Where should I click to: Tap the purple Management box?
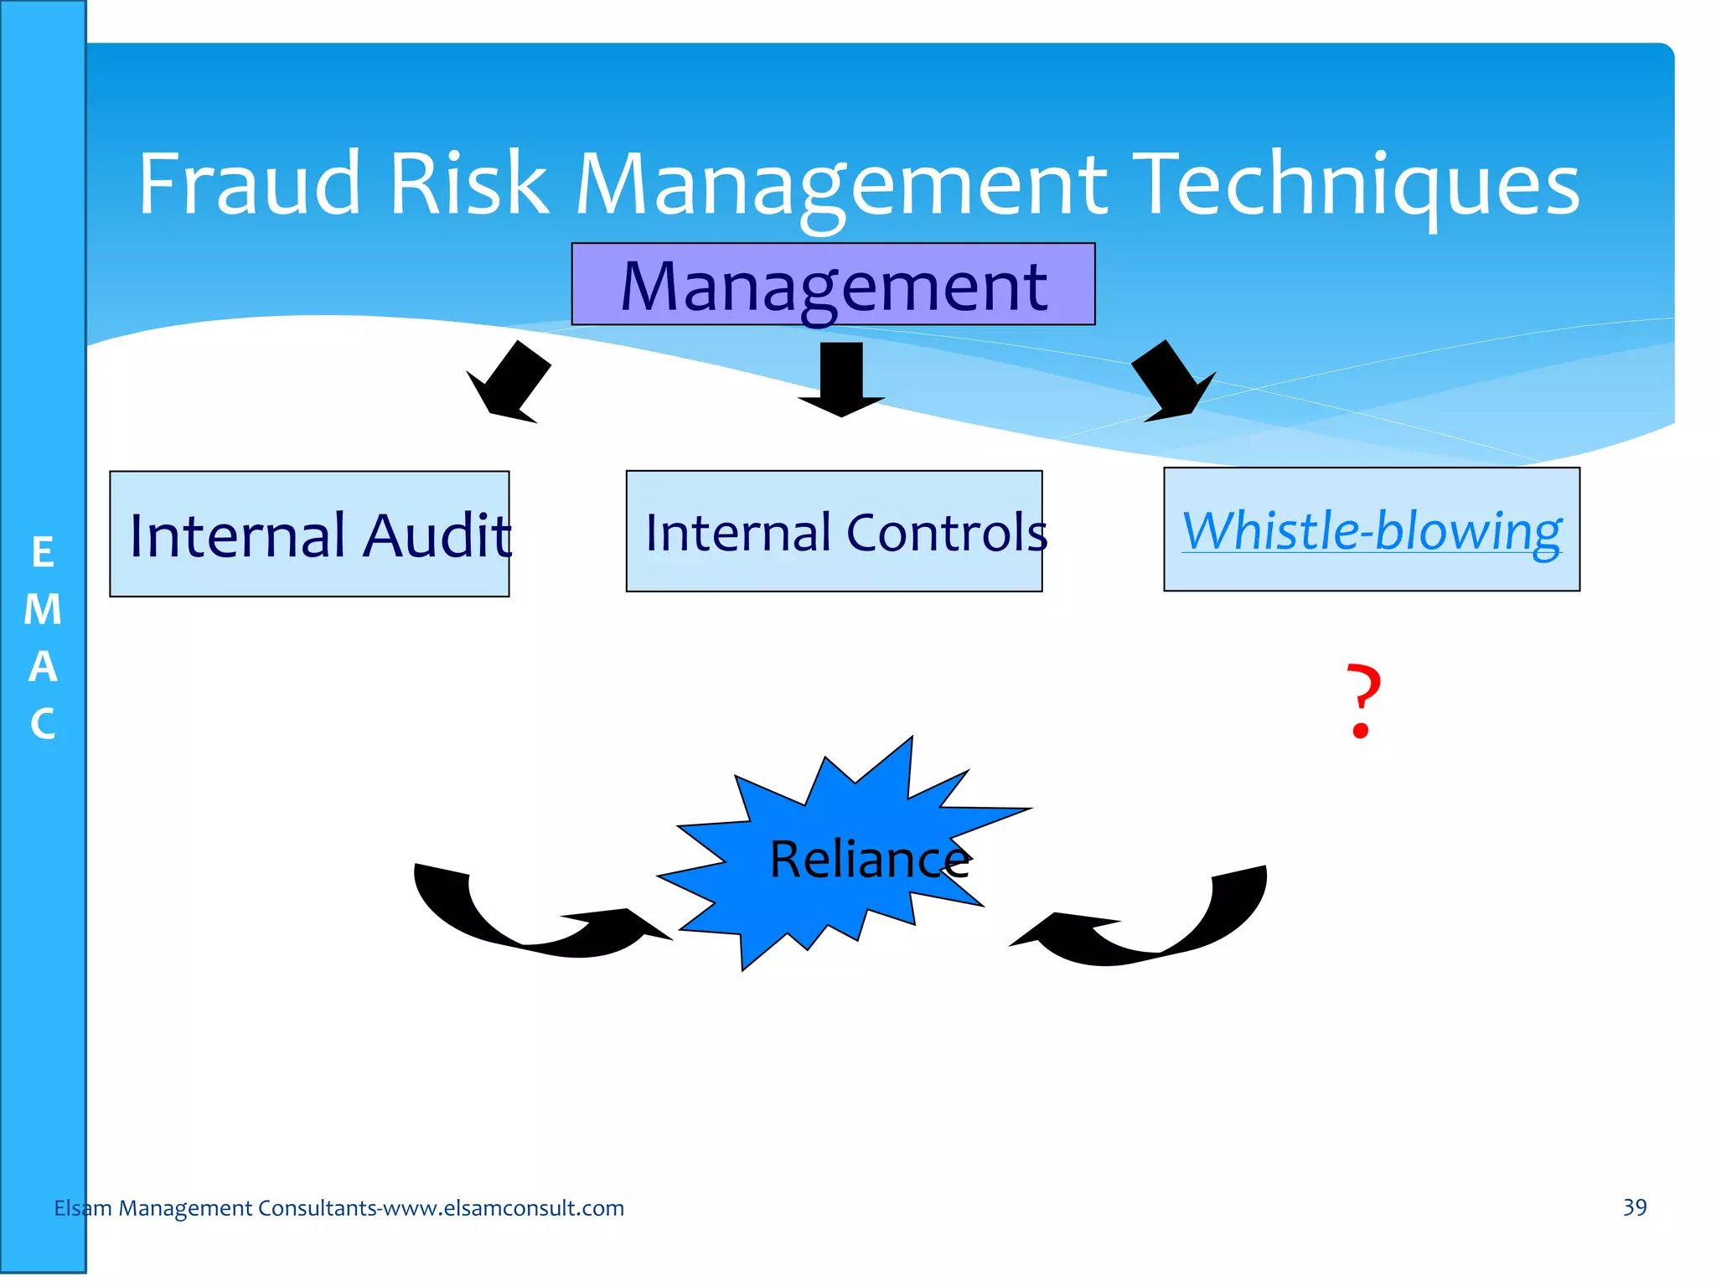833,285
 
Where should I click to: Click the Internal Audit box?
309,534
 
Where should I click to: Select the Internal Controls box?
834,531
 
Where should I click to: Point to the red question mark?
1363,700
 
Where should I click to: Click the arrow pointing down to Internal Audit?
509,384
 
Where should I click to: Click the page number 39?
1635,1207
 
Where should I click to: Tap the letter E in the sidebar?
43,552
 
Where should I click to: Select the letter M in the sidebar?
43,609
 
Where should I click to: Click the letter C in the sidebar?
43,723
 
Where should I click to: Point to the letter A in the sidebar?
43,667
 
